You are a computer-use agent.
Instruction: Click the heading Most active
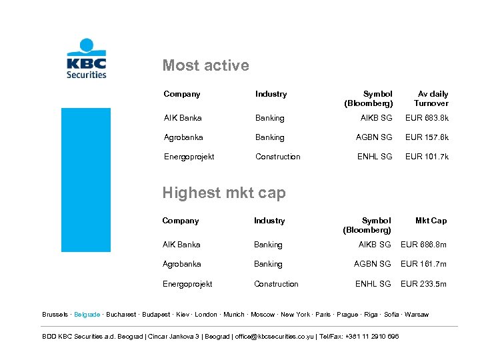[x=205, y=65]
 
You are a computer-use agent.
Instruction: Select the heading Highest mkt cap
[x=223, y=193]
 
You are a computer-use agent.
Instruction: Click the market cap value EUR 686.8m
[x=423, y=245]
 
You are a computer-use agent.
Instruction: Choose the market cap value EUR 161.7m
[x=423, y=264]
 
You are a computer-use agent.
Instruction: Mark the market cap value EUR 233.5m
[x=423, y=284]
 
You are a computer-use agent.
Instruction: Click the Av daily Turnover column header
[x=432, y=99]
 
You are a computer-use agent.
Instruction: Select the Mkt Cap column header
[x=431, y=221]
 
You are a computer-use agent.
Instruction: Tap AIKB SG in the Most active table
[x=377, y=118]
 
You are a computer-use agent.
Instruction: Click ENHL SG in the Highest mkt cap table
[x=374, y=284]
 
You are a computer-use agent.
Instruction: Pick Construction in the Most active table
[x=277, y=157]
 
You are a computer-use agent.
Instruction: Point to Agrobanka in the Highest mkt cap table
[x=181, y=264]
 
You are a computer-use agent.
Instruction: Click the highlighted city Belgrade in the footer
[x=87, y=315]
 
